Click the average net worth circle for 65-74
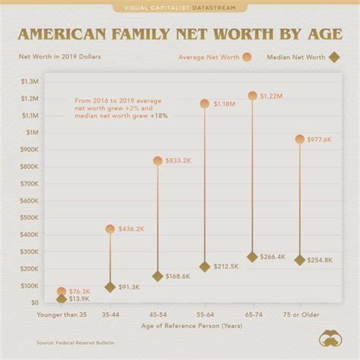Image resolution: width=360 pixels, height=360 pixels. point(252,96)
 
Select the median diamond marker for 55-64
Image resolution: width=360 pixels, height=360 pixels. point(204,267)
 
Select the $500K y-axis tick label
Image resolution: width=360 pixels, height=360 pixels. point(28,217)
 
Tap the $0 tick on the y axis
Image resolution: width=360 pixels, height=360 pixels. point(35,302)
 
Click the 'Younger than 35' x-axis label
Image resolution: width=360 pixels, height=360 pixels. point(62,313)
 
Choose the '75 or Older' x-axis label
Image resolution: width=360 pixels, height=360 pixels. point(299,313)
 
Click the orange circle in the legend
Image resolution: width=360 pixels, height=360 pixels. point(248,57)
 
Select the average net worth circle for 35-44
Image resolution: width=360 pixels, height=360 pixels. point(110,229)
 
